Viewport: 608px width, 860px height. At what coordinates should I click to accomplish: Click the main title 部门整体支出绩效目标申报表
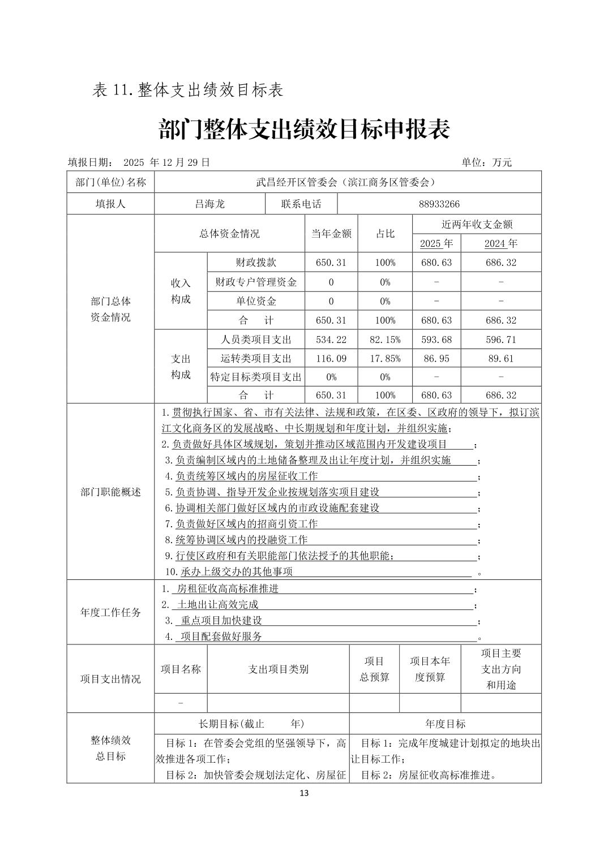(x=304, y=130)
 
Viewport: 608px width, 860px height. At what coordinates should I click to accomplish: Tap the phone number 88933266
(x=439, y=204)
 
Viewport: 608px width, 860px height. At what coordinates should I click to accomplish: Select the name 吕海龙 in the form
(x=209, y=204)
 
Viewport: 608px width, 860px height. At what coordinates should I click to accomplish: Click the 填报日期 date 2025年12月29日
(x=166, y=162)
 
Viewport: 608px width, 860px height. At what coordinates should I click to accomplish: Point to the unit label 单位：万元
(x=486, y=162)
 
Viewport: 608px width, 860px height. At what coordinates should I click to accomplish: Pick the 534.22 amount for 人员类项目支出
(x=331, y=339)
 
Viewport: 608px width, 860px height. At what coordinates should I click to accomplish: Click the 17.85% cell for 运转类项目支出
(x=385, y=359)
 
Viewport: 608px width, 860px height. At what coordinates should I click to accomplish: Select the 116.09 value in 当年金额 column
(x=331, y=359)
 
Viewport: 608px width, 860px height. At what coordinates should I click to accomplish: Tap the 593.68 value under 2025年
(x=436, y=339)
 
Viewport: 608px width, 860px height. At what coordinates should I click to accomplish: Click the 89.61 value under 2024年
(x=501, y=359)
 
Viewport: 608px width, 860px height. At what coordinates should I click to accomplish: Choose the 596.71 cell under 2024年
(x=501, y=339)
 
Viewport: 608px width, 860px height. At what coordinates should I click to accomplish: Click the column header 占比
(x=385, y=234)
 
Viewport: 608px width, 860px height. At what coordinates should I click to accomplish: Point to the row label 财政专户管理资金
(x=256, y=282)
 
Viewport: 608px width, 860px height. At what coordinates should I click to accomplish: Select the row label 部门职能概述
(x=110, y=492)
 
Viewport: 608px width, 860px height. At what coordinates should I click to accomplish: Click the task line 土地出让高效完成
(x=218, y=605)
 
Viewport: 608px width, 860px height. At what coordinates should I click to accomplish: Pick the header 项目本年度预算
(x=430, y=669)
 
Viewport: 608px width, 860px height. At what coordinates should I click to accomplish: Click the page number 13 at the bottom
(x=304, y=793)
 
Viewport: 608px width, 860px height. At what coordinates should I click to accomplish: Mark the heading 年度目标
(x=445, y=724)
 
